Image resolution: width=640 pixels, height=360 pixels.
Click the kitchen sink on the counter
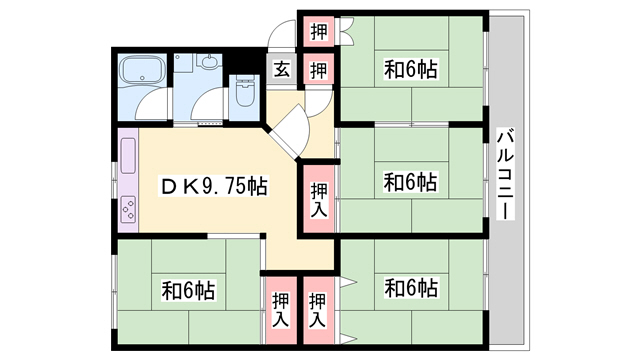tap(129, 155)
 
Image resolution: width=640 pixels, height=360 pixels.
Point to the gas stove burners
tap(129, 209)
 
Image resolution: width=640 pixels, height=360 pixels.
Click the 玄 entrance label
tap(282, 70)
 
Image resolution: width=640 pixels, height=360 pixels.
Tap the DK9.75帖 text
tap(214, 186)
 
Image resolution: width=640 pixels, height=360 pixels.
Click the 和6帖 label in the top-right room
tap(411, 70)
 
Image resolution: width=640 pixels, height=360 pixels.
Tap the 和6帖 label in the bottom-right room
tap(411, 288)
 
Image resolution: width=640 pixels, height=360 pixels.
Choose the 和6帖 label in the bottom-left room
tap(188, 291)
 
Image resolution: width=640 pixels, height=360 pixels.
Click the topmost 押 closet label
tap(317, 30)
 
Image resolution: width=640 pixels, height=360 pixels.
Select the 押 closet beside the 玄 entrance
tap(317, 70)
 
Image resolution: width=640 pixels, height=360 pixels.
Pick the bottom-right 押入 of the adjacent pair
tap(318, 310)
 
